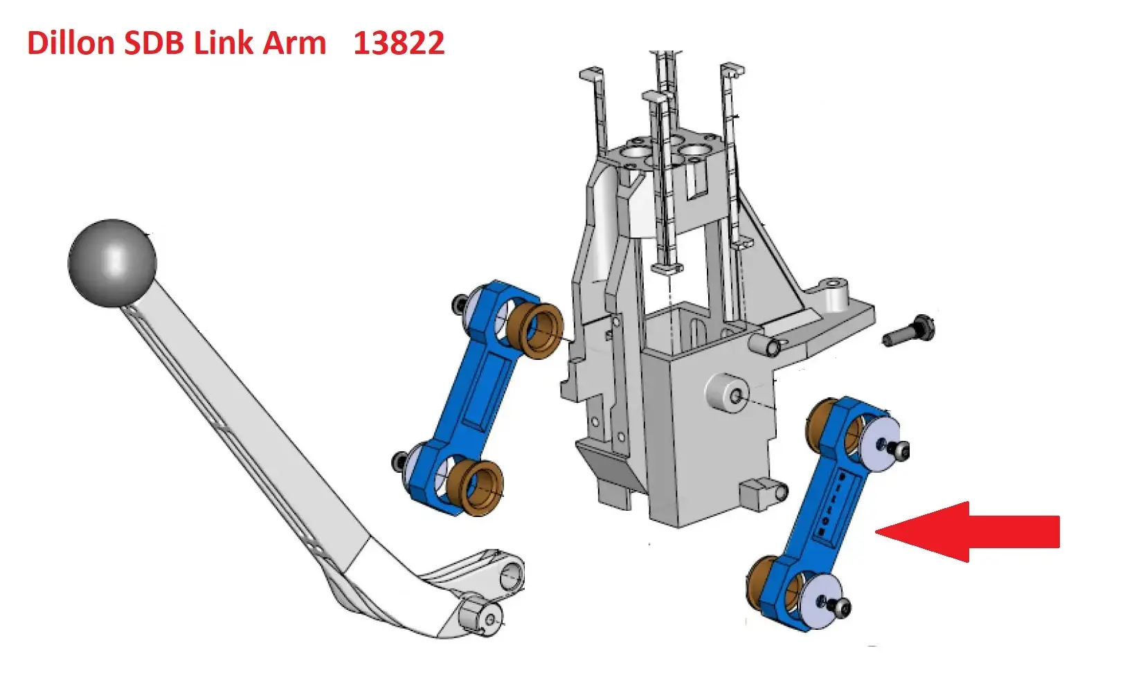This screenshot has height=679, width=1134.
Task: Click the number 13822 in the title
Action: point(398,42)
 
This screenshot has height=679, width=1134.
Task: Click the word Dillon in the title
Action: point(71,42)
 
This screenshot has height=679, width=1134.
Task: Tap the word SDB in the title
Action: point(154,42)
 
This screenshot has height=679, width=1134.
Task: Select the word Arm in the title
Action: point(294,42)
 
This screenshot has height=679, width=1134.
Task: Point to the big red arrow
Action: point(967,532)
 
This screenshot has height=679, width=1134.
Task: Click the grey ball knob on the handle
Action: point(112,262)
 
